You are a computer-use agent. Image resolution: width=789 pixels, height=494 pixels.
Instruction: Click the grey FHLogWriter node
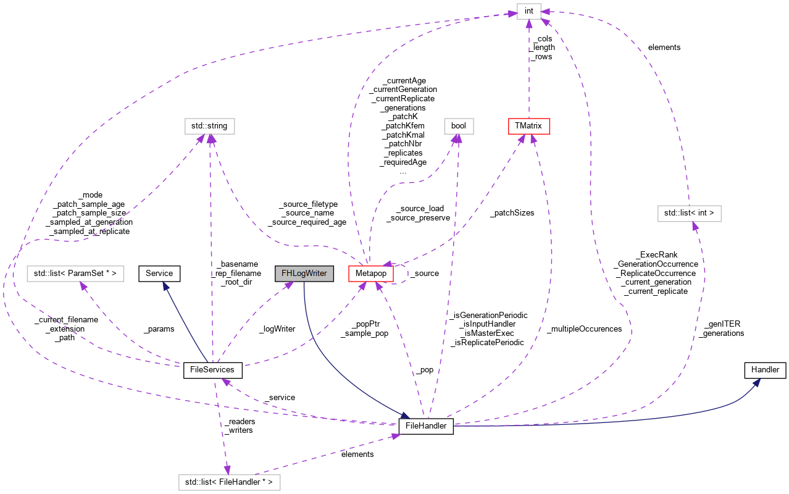tap(304, 274)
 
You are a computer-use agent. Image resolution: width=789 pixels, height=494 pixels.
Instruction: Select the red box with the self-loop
tap(370, 274)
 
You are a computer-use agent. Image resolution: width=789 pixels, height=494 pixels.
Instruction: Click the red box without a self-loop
tap(529, 126)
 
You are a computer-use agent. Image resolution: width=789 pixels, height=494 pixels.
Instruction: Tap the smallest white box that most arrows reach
tap(529, 11)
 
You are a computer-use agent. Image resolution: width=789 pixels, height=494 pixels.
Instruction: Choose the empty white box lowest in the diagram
tap(230, 482)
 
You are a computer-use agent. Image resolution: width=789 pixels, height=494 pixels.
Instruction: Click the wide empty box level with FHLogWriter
tap(75, 274)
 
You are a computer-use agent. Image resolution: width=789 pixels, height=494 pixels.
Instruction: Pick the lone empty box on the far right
tap(690, 214)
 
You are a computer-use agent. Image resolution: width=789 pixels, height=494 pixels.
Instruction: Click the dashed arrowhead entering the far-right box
tap(695, 226)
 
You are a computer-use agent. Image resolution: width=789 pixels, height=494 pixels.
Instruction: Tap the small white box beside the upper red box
tap(459, 126)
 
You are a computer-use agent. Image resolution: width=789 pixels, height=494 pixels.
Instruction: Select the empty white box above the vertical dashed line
tap(210, 126)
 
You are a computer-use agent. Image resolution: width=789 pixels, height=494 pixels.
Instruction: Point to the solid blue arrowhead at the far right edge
tap(757, 383)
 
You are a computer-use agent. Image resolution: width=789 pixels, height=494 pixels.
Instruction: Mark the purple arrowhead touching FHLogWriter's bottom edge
tap(288, 286)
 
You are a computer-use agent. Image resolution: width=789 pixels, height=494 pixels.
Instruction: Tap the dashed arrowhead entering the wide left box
tap(83, 287)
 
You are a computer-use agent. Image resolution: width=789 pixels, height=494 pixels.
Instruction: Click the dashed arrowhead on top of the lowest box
tap(227, 470)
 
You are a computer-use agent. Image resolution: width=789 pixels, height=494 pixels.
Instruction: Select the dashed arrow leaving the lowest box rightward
tap(327, 454)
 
